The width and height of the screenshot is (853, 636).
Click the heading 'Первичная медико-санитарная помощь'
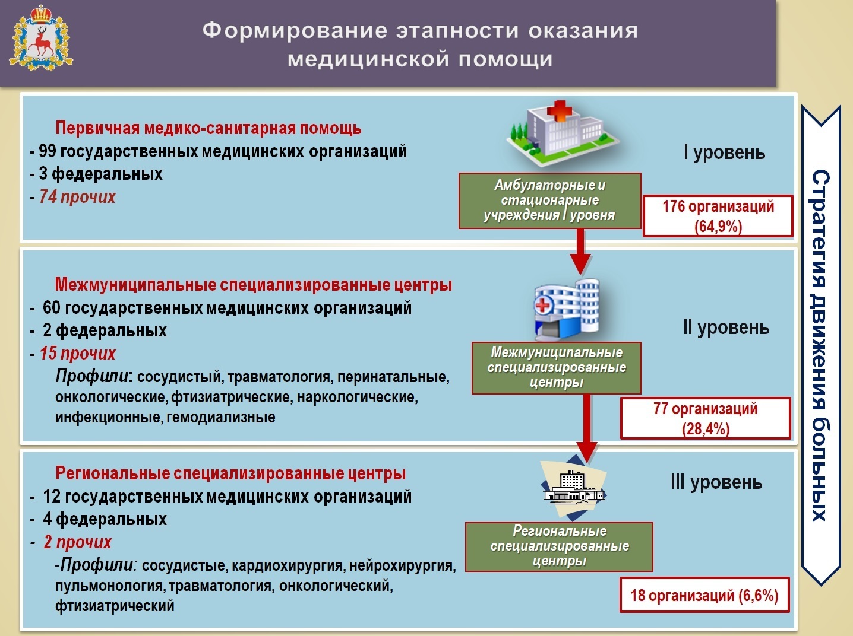[x=208, y=128]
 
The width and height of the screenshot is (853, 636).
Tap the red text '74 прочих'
[x=77, y=197]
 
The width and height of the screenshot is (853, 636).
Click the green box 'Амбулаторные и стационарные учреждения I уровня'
[x=549, y=201]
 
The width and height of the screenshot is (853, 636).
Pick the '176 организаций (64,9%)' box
[x=718, y=216]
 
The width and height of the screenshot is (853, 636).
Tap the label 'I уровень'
[x=724, y=152]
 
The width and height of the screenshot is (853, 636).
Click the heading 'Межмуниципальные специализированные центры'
[x=253, y=285]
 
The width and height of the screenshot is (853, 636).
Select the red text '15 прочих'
[x=77, y=354]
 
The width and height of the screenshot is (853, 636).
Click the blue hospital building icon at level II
[x=567, y=309]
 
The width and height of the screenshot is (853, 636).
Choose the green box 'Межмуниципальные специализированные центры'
[x=557, y=368]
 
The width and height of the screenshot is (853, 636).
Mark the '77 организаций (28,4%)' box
[x=706, y=418]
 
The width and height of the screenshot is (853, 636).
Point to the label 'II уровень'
[x=726, y=327]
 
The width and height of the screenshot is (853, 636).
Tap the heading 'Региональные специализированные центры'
[x=230, y=473]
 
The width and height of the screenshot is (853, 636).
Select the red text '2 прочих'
[x=77, y=542]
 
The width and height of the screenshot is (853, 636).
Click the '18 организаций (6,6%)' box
[x=704, y=595]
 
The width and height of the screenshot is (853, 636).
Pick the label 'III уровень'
[x=716, y=482]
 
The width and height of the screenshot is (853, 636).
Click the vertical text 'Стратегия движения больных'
[x=820, y=345]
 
